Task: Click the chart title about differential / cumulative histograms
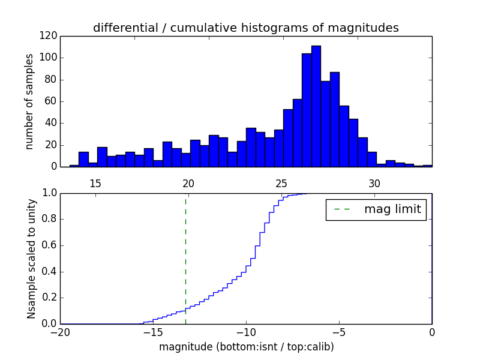point(245,28)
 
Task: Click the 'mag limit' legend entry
point(376,209)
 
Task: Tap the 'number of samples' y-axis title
point(29,101)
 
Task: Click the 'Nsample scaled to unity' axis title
point(31,259)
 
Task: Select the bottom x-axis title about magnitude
point(246,347)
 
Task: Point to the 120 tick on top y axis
point(49,36)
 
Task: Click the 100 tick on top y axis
point(49,58)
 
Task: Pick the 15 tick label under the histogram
point(95,183)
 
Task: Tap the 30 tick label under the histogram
point(375,183)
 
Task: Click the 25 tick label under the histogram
point(281,183)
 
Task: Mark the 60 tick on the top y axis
point(51,101)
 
